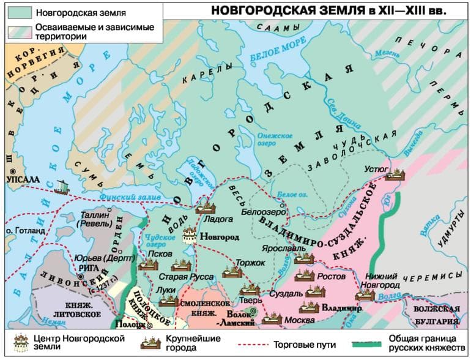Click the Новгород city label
pyautogui.click(x=220, y=236)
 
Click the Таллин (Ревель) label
pyautogui.click(x=96, y=220)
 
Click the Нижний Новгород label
pyautogui.click(x=383, y=280)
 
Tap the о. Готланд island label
pyautogui.click(x=24, y=231)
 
